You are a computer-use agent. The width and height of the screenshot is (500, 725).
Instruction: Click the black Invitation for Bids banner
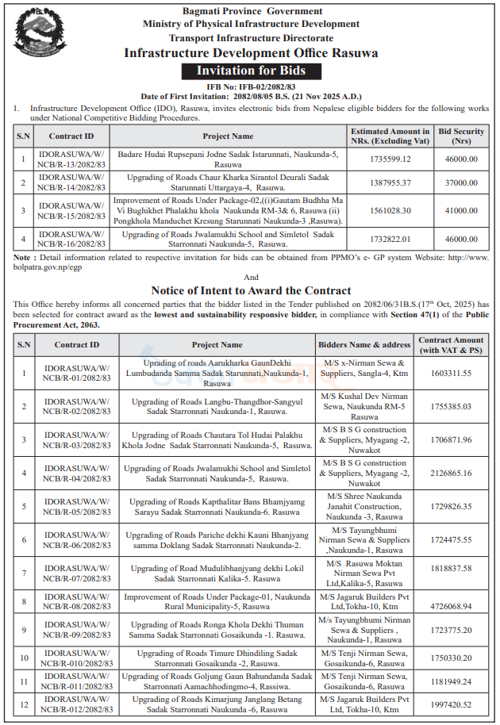[251, 71]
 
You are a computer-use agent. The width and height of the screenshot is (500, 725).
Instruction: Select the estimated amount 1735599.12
[390, 159]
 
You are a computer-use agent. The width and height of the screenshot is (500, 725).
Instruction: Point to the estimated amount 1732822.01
[390, 238]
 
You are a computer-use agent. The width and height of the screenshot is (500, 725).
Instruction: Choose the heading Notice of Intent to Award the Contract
[251, 291]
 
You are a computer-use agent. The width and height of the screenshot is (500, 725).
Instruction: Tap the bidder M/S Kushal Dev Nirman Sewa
[363, 406]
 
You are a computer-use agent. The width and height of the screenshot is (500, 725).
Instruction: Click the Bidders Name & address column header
[363, 345]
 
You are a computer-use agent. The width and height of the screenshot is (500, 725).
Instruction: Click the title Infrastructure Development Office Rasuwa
[251, 53]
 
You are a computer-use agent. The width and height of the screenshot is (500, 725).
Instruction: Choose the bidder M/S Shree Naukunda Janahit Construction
[363, 506]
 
